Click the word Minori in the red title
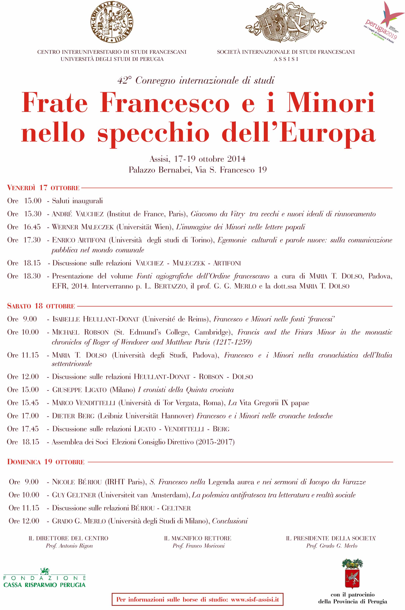(x=330, y=103)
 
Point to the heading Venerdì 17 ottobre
(x=43, y=188)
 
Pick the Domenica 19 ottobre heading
(x=46, y=462)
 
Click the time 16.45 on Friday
(x=32, y=227)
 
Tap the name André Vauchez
(x=78, y=214)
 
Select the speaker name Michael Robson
(x=80, y=332)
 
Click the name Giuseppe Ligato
(x=79, y=390)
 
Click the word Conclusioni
(x=230, y=521)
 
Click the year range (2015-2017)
(x=215, y=442)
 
